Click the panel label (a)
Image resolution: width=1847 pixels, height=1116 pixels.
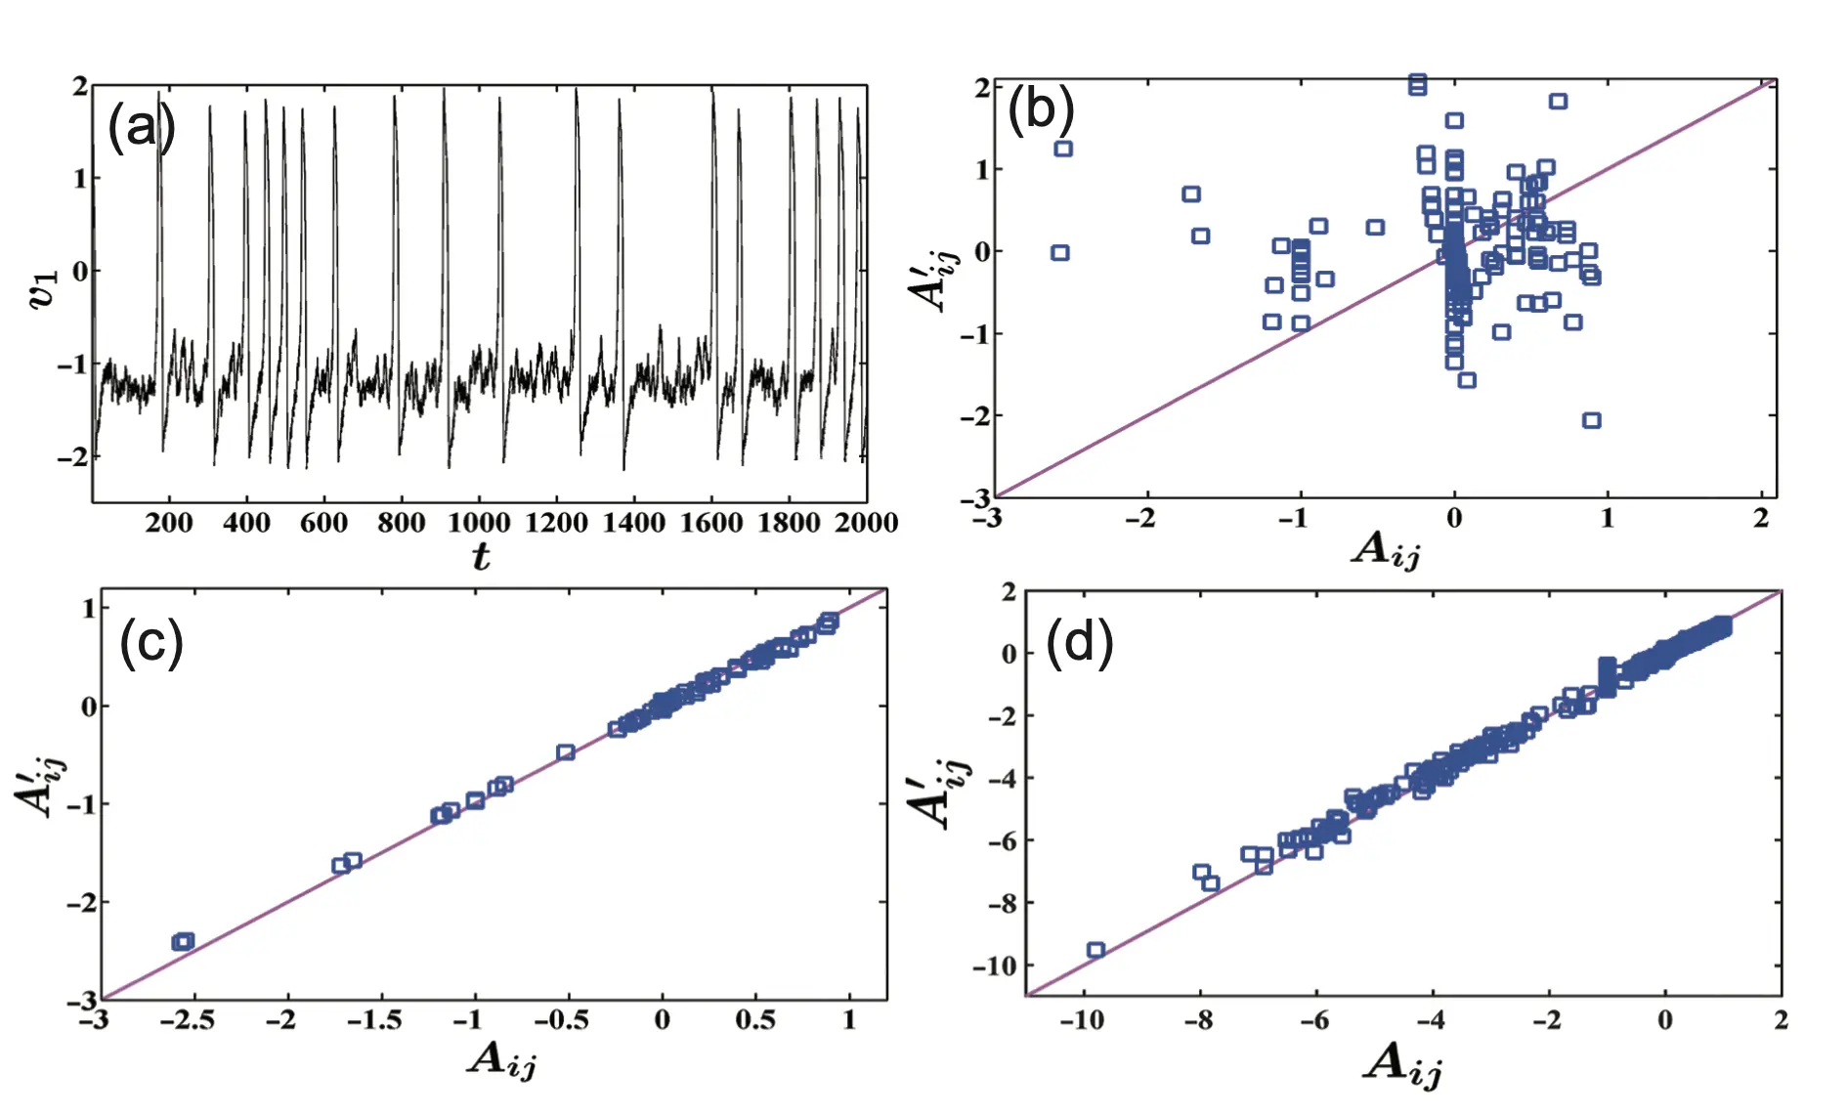tap(141, 127)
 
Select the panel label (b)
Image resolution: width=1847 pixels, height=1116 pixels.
tap(1040, 108)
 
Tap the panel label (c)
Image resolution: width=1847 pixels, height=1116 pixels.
tap(150, 644)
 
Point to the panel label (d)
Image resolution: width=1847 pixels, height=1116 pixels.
tap(1079, 644)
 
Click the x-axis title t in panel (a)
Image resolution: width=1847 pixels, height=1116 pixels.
tap(481, 556)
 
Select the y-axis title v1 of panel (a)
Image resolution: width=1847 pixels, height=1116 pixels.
tap(45, 289)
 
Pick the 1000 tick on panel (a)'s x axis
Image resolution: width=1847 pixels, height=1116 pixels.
tap(479, 523)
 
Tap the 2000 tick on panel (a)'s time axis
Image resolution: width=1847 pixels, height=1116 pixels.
tap(866, 523)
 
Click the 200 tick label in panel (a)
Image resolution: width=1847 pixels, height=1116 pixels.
tap(169, 523)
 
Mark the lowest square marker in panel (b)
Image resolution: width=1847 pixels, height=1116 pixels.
tap(1591, 420)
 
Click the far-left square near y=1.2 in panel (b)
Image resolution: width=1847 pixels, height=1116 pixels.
tap(1063, 149)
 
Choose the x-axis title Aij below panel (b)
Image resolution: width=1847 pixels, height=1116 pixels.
tap(1386, 550)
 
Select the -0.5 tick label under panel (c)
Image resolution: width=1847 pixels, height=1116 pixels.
tap(561, 1021)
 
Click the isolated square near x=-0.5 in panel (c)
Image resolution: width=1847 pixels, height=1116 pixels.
tap(565, 752)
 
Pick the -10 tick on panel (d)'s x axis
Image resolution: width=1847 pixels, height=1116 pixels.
tap(1081, 1021)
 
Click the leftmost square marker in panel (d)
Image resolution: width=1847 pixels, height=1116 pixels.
tap(1095, 950)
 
